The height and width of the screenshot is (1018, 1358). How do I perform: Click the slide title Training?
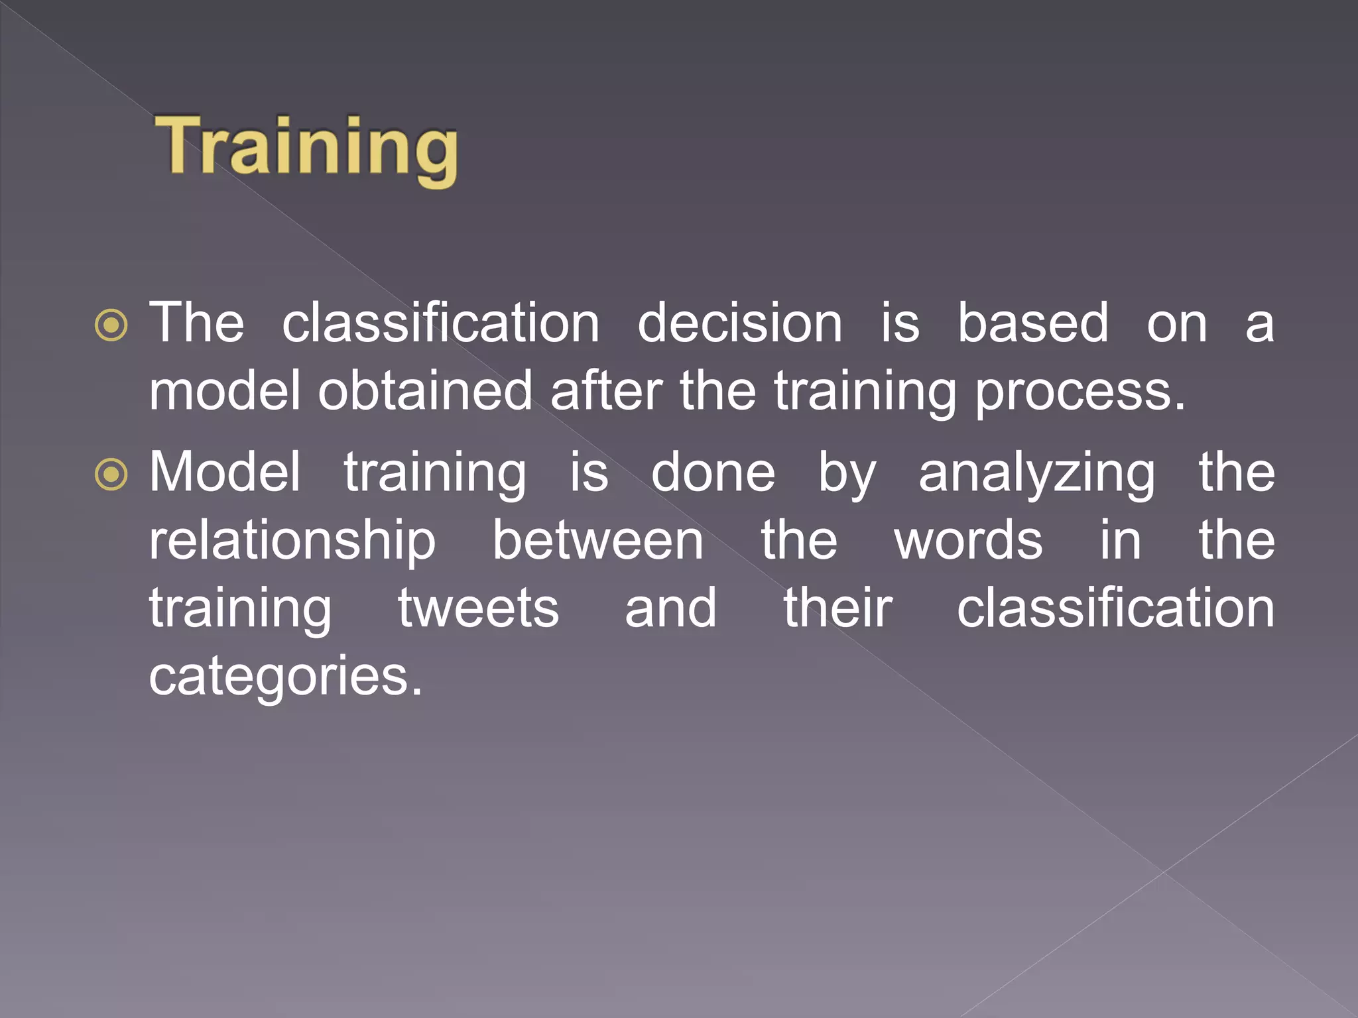click(x=306, y=147)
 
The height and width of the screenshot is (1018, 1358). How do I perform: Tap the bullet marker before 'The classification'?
click(x=111, y=325)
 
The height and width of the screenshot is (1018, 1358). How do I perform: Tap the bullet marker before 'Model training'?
click(x=111, y=475)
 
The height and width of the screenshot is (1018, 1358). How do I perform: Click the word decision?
click(x=739, y=323)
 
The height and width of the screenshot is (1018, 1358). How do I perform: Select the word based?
click(x=1032, y=323)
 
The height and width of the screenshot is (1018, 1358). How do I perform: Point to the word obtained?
click(x=425, y=392)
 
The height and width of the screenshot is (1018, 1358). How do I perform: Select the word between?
click(x=597, y=541)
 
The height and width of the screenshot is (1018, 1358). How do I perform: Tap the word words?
click(x=968, y=541)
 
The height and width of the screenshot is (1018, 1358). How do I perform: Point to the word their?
click(x=838, y=608)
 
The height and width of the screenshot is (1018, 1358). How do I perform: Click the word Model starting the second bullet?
click(x=225, y=473)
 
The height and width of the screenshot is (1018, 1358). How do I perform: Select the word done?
click(x=713, y=473)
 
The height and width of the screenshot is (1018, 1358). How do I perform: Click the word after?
click(x=606, y=392)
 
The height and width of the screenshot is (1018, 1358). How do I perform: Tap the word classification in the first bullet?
click(x=441, y=323)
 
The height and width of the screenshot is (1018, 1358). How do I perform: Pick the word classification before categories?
click(x=1115, y=608)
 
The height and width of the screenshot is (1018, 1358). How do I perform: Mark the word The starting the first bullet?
click(x=196, y=323)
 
